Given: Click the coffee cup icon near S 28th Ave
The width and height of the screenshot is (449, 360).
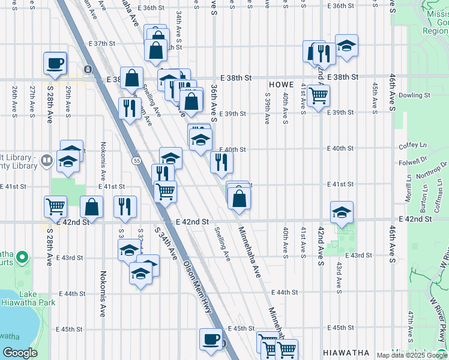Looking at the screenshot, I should tap(55, 63).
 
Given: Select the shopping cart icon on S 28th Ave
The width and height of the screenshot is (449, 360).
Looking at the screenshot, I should tap(55, 206).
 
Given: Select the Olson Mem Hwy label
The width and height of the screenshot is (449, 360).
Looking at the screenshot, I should tap(197, 287).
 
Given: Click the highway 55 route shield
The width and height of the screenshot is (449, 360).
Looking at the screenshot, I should tap(137, 160).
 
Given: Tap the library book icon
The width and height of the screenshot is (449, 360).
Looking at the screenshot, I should tap(46, 160).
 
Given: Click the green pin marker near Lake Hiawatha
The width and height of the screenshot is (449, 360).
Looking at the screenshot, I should tap(23, 259).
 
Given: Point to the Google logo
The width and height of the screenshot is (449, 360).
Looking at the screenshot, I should tap(20, 352).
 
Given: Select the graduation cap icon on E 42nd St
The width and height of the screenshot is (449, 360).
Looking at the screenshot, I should tap(342, 212).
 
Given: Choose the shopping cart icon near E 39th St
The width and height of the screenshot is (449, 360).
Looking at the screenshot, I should tap(318, 95).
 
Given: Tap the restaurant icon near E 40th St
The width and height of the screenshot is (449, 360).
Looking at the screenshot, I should tap(221, 161).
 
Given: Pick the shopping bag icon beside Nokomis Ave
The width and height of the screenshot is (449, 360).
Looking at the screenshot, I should tap(91, 207).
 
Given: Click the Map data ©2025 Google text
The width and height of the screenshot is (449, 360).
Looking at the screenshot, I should tap(412, 355).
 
